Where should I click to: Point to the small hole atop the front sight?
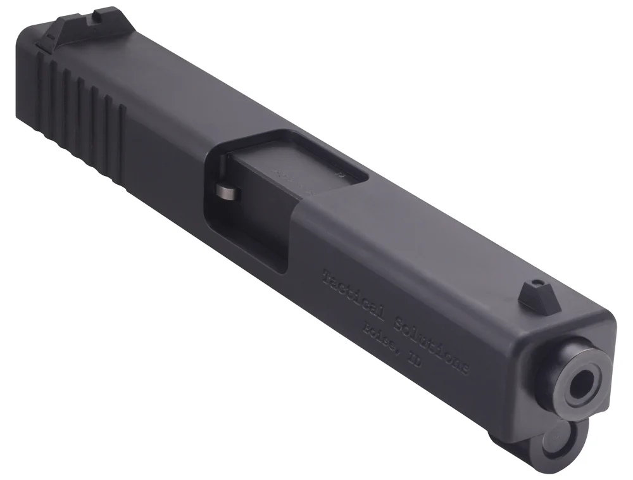tap(536, 281)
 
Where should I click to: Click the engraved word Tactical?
tap(347, 293)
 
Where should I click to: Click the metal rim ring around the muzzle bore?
tap(565, 367)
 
